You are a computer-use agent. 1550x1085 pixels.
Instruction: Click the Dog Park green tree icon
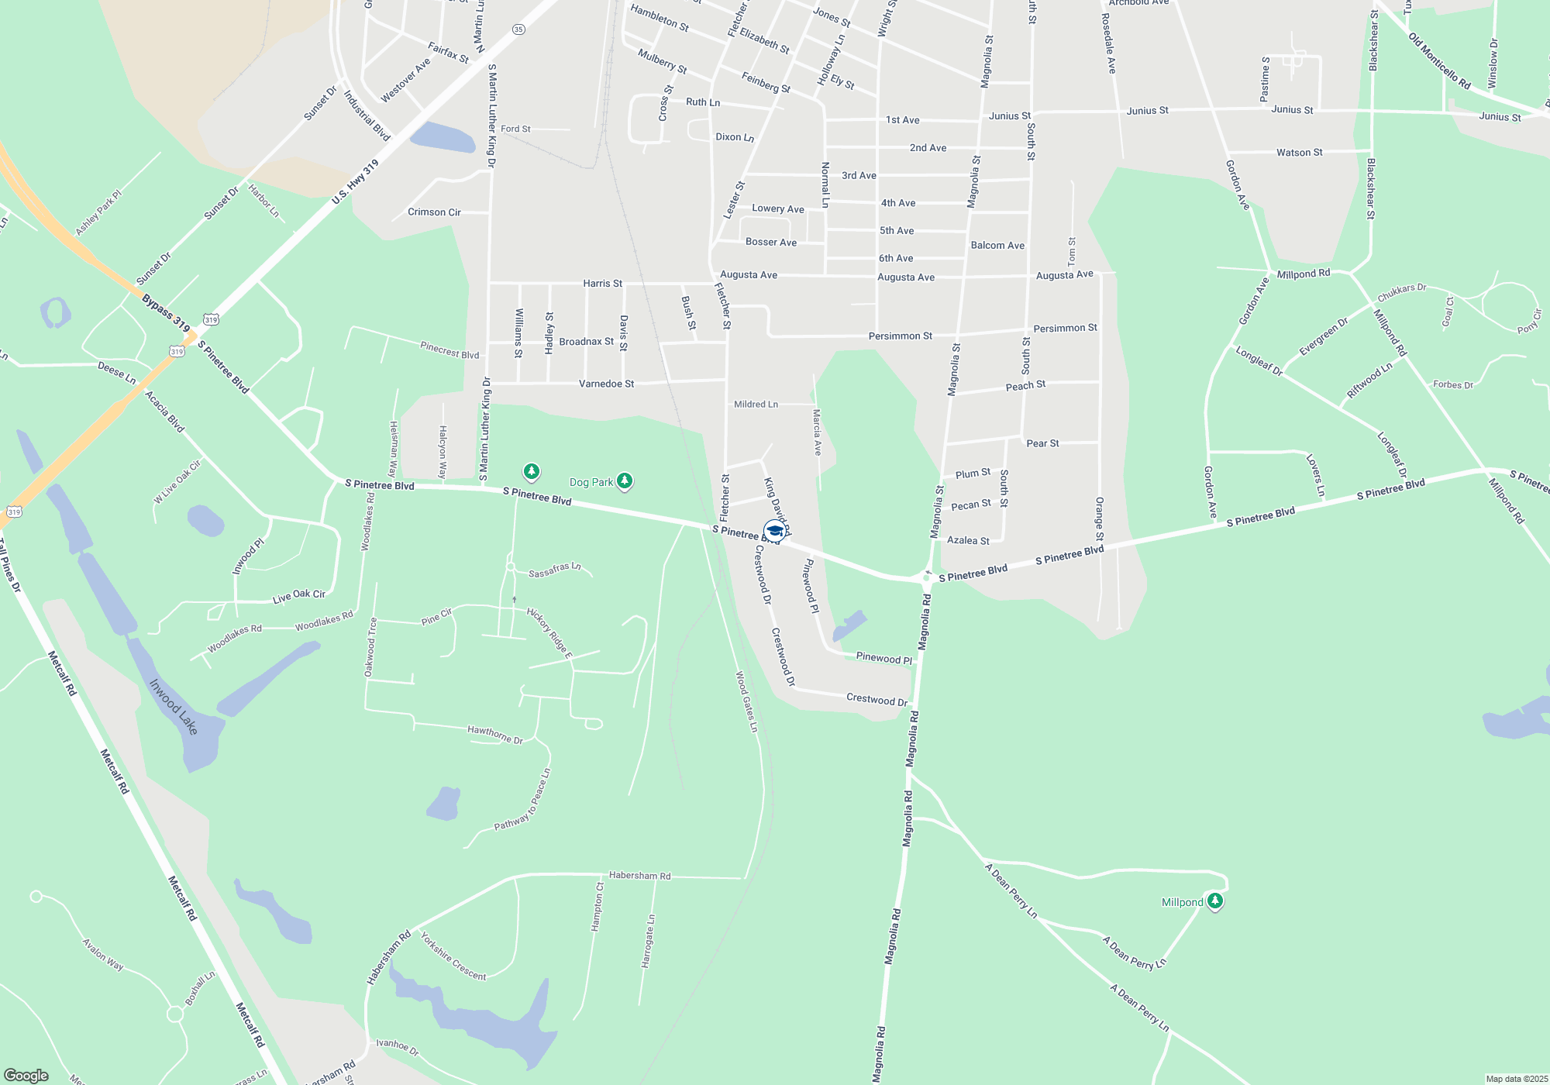click(x=625, y=482)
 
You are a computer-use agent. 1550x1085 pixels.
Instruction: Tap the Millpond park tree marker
click(x=1215, y=901)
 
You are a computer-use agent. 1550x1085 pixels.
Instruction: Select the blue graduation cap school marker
click(x=774, y=530)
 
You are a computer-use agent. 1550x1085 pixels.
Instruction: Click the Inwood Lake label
click(x=174, y=706)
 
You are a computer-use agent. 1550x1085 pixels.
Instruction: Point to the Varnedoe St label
click(x=606, y=384)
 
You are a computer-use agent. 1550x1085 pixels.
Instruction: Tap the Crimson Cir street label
click(x=434, y=212)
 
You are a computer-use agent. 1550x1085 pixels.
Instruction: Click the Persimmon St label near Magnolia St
click(x=900, y=336)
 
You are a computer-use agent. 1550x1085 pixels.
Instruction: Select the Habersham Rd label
click(x=639, y=875)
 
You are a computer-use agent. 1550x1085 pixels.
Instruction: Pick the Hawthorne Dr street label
click(x=495, y=734)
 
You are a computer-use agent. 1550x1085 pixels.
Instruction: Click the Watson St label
click(x=1300, y=153)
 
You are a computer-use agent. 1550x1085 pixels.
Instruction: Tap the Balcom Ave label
click(x=997, y=245)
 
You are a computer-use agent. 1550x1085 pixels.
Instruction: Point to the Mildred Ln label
click(x=756, y=404)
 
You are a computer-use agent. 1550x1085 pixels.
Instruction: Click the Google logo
click(x=26, y=1075)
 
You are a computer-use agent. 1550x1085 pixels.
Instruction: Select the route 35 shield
click(x=518, y=29)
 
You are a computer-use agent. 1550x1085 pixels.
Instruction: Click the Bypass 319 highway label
click(x=166, y=312)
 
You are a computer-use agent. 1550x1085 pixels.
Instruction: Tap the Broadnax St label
click(x=586, y=341)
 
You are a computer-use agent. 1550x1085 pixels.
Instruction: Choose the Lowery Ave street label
click(x=777, y=208)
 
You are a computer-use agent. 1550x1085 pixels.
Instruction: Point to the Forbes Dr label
click(x=1452, y=384)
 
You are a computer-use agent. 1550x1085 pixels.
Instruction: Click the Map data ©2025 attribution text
click(x=1517, y=1079)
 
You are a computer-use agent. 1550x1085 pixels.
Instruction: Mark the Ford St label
click(x=515, y=129)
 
